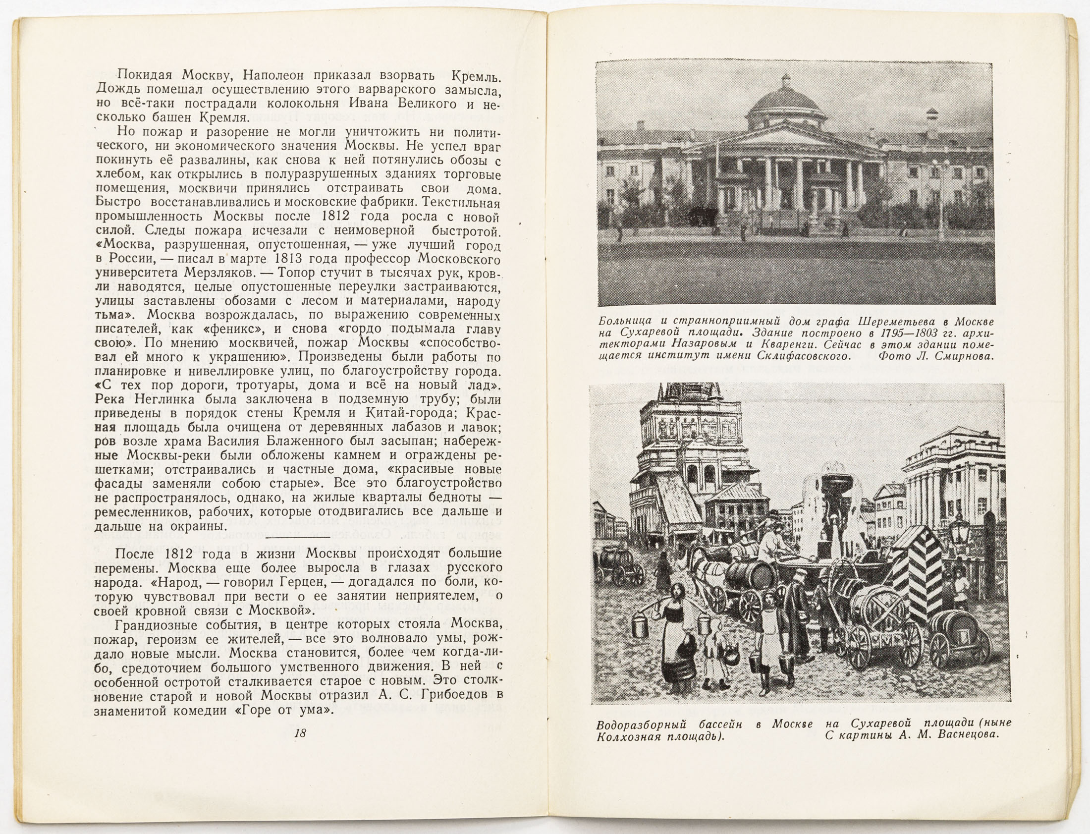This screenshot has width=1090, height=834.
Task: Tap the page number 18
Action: (x=300, y=734)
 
